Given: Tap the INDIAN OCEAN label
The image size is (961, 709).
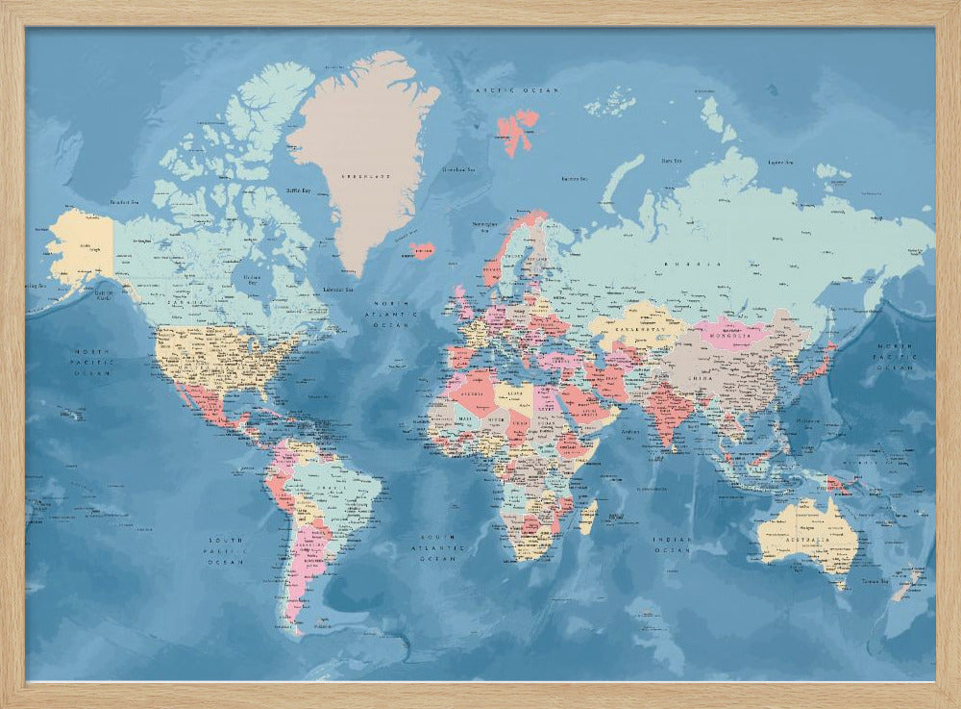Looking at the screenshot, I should pos(672,545).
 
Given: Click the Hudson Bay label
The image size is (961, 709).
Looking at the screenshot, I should pos(251,279).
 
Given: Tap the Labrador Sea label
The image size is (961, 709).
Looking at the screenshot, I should pos(336,289).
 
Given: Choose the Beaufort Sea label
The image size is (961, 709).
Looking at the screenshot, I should pos(126,202).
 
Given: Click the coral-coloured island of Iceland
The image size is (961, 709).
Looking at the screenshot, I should pos(422,250).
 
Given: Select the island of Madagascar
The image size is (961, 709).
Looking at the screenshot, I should pos(587,517).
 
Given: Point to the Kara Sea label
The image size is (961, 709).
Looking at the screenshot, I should pos(672,160).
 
